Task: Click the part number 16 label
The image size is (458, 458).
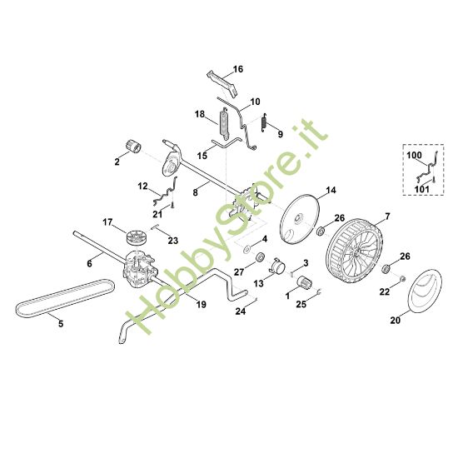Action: [x=238, y=69]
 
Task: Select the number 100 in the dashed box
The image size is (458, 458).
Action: [x=414, y=156]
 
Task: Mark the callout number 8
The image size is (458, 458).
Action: [x=195, y=192]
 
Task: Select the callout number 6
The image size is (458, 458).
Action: [x=90, y=263]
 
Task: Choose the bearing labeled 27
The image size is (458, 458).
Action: [x=258, y=257]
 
